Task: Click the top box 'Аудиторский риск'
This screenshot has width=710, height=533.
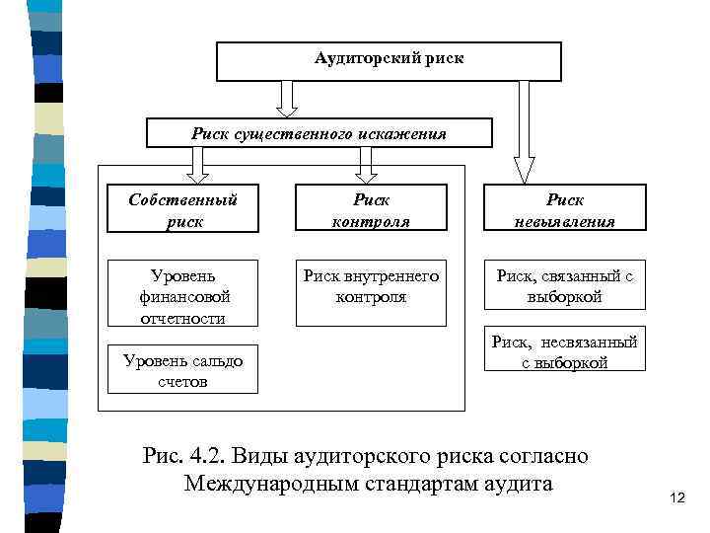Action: click(x=389, y=61)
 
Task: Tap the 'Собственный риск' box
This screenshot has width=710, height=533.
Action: click(x=182, y=209)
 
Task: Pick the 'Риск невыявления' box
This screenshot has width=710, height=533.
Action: click(x=564, y=209)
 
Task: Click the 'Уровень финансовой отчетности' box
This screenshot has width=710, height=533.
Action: click(x=182, y=293)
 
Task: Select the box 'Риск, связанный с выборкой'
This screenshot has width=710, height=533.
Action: click(x=564, y=286)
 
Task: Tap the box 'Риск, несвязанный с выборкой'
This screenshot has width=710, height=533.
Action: click(x=564, y=350)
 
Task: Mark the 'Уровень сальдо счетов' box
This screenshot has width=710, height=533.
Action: click(x=182, y=370)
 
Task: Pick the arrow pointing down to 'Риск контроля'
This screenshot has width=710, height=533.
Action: click(x=367, y=164)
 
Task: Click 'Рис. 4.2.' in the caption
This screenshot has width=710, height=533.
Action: click(x=179, y=457)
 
